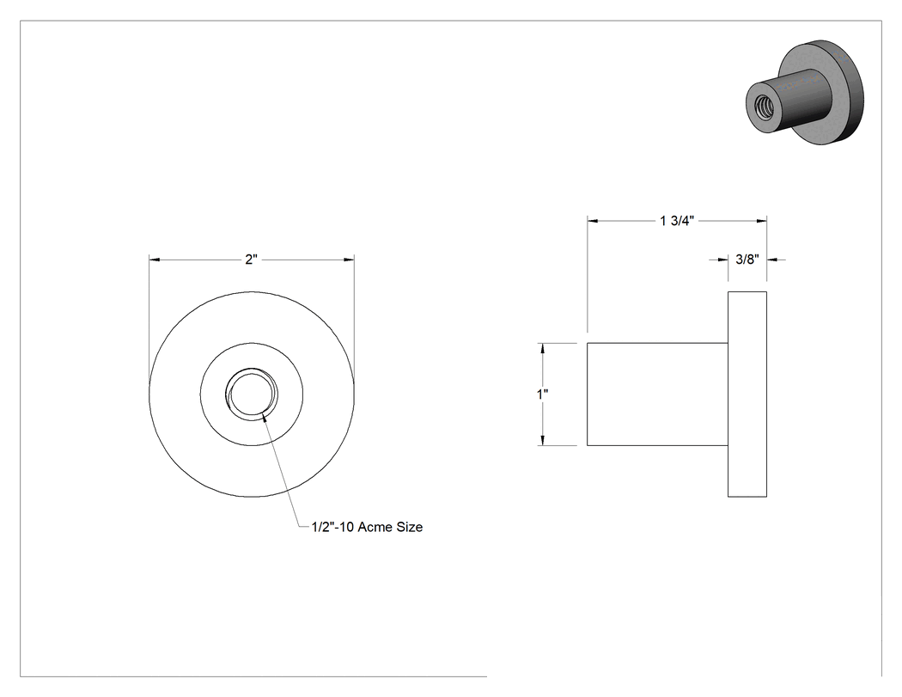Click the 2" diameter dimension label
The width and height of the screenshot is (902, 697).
pyautogui.click(x=251, y=260)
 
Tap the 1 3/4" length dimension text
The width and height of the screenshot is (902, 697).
pyautogui.click(x=677, y=221)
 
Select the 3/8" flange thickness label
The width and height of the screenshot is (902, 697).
pyautogui.click(x=747, y=260)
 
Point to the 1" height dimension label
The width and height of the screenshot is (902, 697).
pyautogui.click(x=542, y=394)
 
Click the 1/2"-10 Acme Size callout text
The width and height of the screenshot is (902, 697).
pyautogui.click(x=367, y=527)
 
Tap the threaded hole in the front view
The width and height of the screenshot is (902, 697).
pyautogui.click(x=252, y=394)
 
